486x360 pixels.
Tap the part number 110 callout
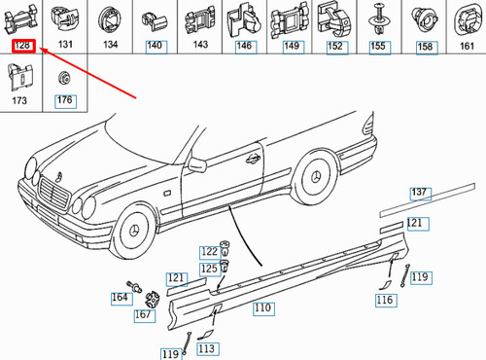click(x=262, y=310)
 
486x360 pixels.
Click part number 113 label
click(x=206, y=348)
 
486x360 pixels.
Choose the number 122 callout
click(x=210, y=252)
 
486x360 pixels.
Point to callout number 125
click(x=209, y=269)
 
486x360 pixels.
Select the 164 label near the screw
click(x=120, y=298)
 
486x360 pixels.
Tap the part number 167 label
click(x=143, y=314)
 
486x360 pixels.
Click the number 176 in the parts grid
click(x=65, y=99)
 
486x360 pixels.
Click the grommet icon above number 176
click(x=65, y=78)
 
